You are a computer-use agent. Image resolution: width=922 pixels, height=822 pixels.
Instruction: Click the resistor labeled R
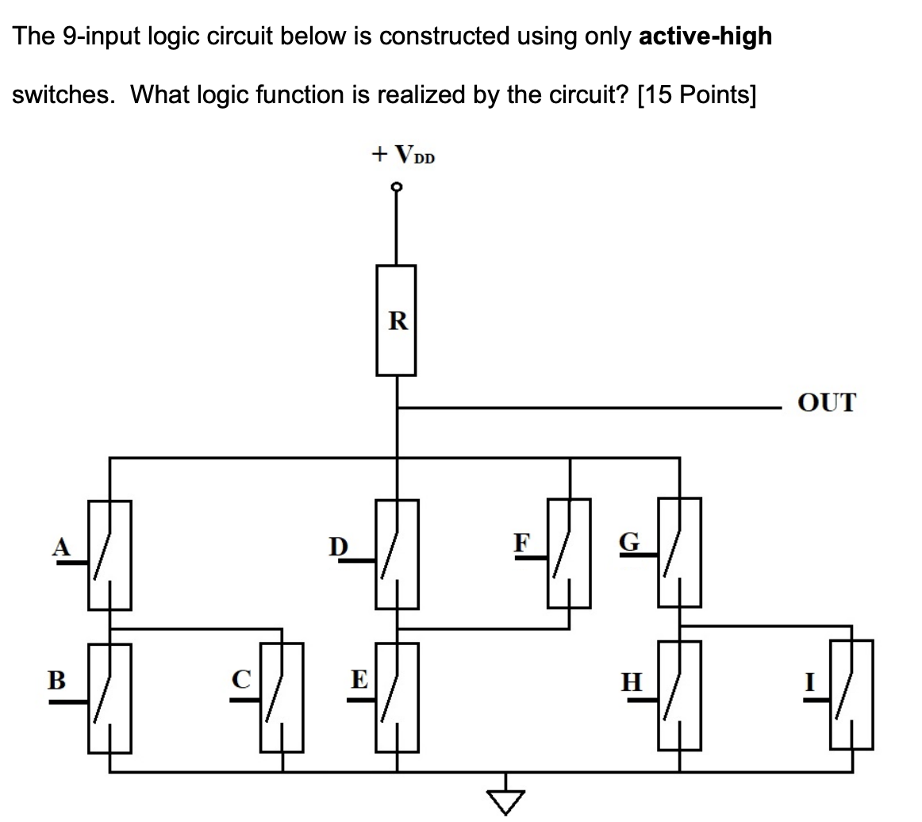point(396,321)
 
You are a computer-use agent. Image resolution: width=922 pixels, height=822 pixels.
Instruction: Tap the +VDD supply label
point(403,154)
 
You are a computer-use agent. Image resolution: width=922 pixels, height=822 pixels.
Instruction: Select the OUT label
point(828,403)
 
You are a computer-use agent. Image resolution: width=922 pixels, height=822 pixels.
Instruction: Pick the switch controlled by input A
point(109,555)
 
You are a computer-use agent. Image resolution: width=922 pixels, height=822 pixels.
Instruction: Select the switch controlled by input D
point(397,555)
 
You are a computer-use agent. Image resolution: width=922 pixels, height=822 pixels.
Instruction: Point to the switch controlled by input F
point(568,553)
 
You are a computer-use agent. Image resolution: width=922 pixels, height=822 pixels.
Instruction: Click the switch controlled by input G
point(678,552)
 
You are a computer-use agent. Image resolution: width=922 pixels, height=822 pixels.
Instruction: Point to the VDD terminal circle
point(397,188)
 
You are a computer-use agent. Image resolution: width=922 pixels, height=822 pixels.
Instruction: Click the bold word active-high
point(705,36)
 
